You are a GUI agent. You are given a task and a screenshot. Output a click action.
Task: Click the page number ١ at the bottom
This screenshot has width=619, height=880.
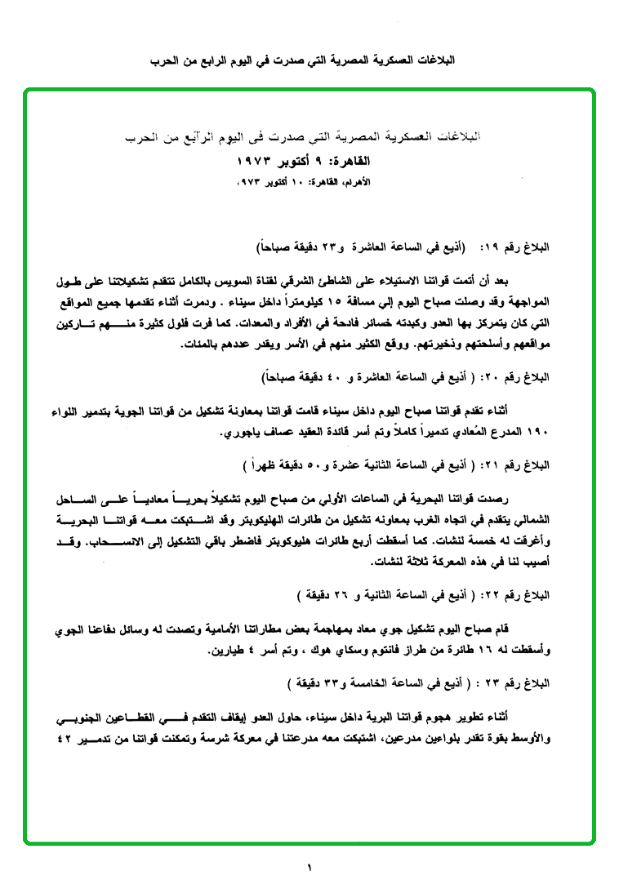[x=310, y=867]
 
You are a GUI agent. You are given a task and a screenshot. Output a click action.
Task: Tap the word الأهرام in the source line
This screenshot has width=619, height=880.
[x=361, y=180]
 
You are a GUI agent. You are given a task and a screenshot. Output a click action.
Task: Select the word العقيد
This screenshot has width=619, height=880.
[x=306, y=432]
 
